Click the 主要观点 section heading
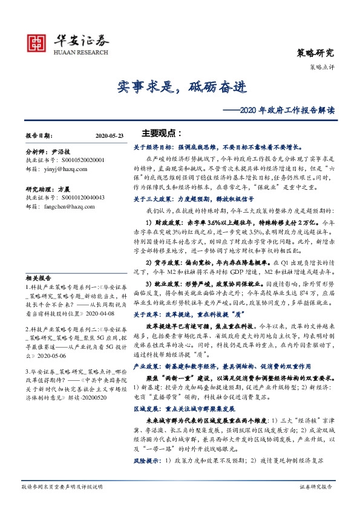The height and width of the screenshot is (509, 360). point(162,133)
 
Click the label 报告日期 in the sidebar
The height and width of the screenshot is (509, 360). point(39,137)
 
